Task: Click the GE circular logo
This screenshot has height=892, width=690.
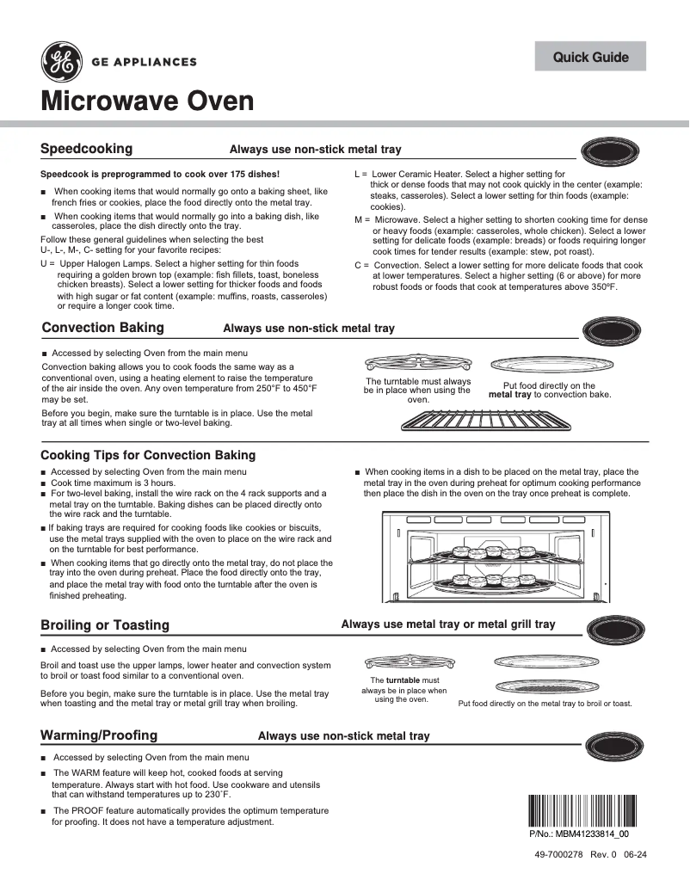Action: click(x=62, y=62)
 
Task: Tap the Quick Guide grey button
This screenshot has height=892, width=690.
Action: click(x=590, y=57)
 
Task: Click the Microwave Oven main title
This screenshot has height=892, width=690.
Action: click(x=148, y=102)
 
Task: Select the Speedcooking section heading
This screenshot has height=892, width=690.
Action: click(x=87, y=149)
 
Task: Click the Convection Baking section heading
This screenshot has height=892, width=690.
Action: click(x=102, y=328)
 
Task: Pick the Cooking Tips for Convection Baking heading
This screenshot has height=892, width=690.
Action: click(x=148, y=455)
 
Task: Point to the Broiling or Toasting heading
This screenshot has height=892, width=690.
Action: click(x=105, y=625)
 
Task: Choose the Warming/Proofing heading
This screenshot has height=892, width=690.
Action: click(x=99, y=735)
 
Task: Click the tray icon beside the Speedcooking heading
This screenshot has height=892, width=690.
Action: click(x=611, y=152)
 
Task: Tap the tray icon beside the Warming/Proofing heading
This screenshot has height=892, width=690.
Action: click(x=611, y=745)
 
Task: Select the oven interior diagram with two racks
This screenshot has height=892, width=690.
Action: click(x=496, y=558)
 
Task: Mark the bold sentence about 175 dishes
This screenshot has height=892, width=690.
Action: click(x=160, y=174)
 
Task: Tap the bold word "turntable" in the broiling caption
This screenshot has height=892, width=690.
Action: click(x=404, y=680)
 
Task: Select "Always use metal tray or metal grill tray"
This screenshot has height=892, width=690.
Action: click(x=448, y=624)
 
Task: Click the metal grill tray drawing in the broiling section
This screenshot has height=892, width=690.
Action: click(x=546, y=686)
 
